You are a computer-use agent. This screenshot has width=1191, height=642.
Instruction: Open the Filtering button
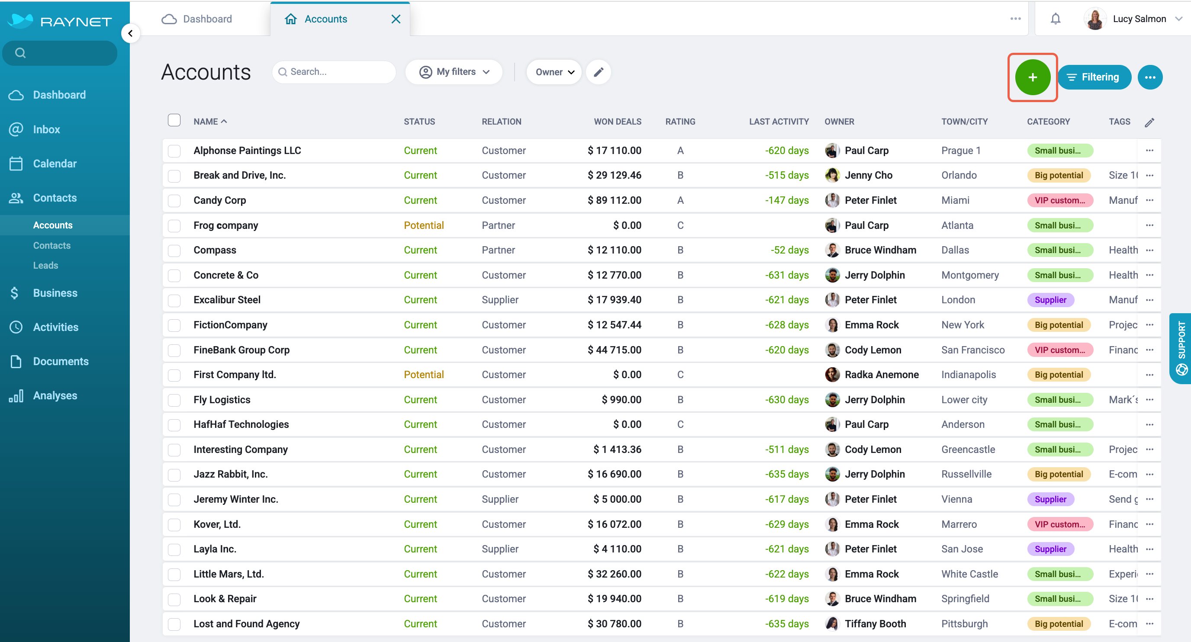(1094, 77)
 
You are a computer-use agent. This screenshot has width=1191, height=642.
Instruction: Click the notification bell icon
(1056, 19)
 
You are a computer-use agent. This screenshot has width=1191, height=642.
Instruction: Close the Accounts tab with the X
(396, 19)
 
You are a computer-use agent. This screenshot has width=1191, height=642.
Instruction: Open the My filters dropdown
(454, 72)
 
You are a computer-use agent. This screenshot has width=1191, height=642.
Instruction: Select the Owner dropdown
(554, 72)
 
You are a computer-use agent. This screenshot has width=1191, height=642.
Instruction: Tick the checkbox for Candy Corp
(174, 201)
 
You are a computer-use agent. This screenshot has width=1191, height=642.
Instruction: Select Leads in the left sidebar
(46, 265)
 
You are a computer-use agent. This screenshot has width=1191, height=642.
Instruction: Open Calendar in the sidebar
(55, 164)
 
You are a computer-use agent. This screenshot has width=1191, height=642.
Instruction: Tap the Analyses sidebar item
(55, 396)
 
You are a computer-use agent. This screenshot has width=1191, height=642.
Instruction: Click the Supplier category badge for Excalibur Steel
(1050, 300)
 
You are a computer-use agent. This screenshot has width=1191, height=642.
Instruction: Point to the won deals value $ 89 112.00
(614, 200)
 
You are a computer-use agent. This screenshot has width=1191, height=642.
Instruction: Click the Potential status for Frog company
(424, 225)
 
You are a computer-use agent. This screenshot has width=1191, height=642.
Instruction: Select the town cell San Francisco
(973, 350)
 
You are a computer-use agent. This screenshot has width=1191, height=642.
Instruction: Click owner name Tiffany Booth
(875, 623)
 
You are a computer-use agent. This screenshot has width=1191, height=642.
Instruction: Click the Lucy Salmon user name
(1139, 19)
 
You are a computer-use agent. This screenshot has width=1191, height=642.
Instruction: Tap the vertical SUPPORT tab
(1181, 348)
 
